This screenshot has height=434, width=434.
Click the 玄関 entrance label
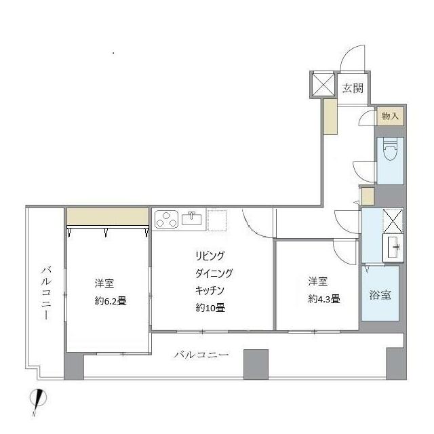[x=352, y=87]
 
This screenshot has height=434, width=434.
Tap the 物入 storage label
[x=389, y=116]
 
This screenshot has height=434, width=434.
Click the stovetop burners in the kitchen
[x=166, y=219]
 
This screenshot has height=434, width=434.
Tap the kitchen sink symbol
[x=192, y=218]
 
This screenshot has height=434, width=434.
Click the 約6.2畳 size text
[x=111, y=302]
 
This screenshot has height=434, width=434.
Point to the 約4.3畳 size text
[x=324, y=299]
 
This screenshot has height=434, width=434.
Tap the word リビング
[x=209, y=256]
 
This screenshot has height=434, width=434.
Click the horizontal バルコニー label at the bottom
[x=201, y=355]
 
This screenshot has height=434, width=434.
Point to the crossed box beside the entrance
[x=322, y=83]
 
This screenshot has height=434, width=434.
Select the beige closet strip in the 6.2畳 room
[x=108, y=216]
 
